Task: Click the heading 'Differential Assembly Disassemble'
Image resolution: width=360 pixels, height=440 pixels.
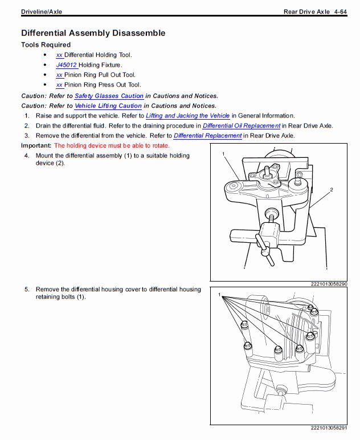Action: tap(93, 33)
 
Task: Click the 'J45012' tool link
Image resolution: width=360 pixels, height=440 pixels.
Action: tap(67, 65)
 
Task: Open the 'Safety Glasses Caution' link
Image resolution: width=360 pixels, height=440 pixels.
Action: tap(109, 96)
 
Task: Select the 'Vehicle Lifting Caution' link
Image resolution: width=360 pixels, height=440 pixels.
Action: tap(108, 105)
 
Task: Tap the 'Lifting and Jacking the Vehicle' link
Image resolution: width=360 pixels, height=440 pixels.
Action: tap(187, 116)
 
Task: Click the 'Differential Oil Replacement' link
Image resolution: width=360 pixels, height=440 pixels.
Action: tap(242, 125)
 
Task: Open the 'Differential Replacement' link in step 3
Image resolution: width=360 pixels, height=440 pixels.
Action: tap(207, 136)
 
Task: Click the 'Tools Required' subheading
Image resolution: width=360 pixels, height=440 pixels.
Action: tap(46, 44)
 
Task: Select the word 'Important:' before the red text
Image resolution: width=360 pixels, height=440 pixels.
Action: tap(36, 145)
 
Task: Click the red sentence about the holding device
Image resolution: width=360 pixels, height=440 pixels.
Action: tap(112, 145)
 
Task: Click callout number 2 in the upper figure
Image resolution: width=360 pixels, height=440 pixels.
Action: tap(331, 189)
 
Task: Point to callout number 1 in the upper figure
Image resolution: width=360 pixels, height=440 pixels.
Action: tap(224, 154)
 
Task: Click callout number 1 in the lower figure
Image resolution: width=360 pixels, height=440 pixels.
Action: tap(219, 295)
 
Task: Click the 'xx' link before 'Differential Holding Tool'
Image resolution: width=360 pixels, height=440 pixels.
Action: tap(59, 55)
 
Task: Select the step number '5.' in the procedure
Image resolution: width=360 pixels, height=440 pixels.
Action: tap(26, 290)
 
